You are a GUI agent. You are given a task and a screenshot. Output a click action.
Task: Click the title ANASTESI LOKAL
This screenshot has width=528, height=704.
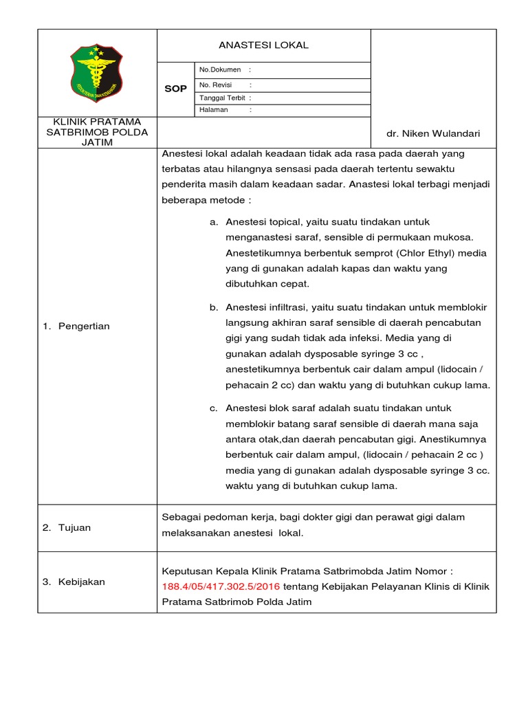263,45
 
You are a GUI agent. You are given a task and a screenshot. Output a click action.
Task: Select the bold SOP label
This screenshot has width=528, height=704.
175,89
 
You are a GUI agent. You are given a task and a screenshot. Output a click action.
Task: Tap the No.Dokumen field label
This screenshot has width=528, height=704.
220,70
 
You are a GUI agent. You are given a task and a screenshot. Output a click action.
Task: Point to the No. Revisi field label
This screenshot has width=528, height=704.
216,85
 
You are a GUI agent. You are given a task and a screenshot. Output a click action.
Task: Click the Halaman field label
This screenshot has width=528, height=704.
213,110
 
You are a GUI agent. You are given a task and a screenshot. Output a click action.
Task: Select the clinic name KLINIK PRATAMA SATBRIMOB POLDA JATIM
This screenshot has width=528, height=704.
97,132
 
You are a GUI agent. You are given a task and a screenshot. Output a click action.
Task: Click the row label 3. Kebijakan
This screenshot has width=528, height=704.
74,582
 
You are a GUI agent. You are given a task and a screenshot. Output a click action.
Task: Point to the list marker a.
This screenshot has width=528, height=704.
213,222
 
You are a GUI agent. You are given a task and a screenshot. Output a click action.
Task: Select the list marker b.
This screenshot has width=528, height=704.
213,307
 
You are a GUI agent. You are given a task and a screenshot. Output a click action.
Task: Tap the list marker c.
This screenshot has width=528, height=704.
213,408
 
